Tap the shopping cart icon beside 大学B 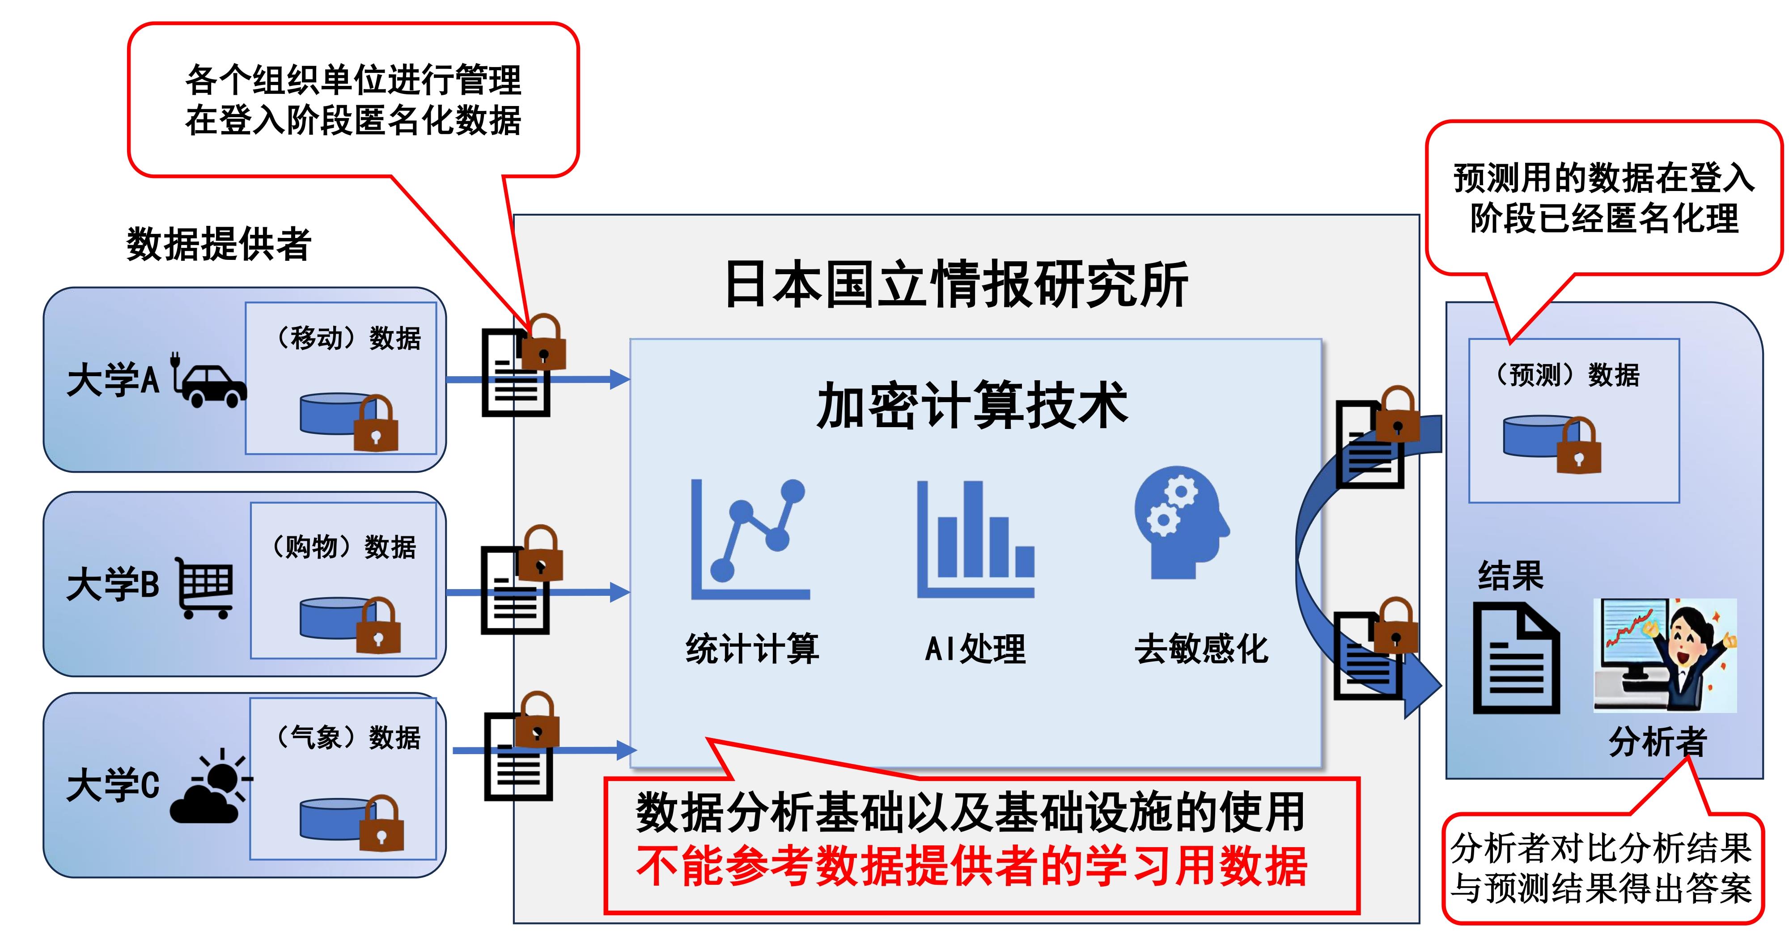pos(205,587)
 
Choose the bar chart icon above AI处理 pos(976,539)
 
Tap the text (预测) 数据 pos(1567,375)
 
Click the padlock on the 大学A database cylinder pos(376,425)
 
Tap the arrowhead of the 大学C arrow pos(627,750)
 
